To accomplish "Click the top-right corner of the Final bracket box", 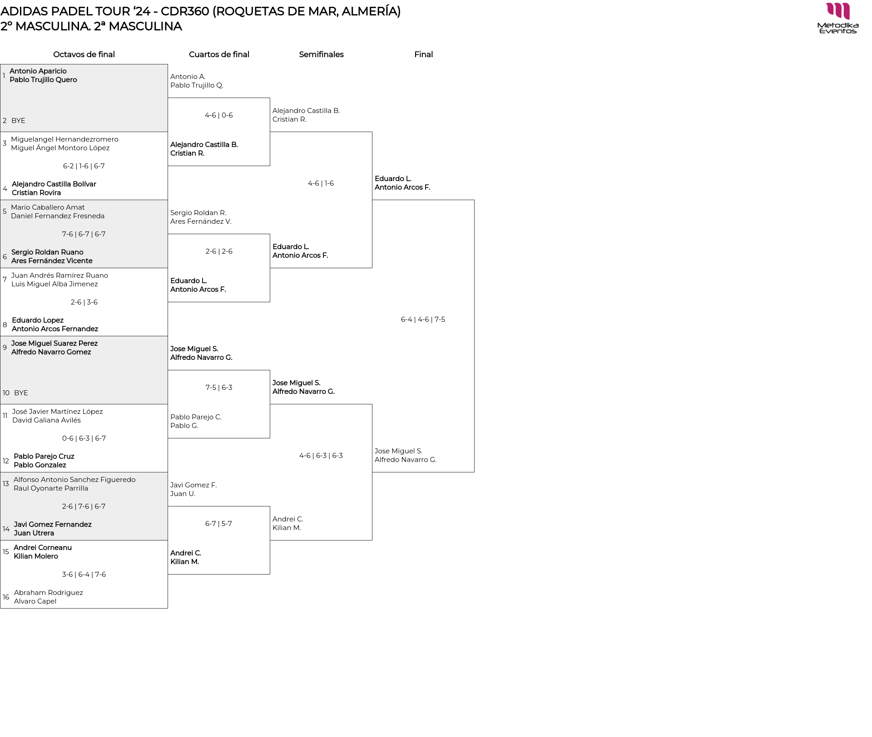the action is tap(474, 200).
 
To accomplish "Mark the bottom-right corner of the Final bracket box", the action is tap(474, 472).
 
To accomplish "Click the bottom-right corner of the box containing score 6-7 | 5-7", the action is tap(270, 574).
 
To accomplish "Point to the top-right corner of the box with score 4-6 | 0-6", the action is tap(270, 98).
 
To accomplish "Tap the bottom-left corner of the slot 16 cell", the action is tap(0, 608).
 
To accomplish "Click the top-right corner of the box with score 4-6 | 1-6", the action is tap(372, 132).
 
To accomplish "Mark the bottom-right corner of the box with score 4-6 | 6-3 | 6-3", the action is tap(372, 540).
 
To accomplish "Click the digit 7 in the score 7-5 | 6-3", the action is tap(208, 388).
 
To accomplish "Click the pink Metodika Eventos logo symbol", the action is tap(838, 11).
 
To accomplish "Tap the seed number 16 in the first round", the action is tap(6, 597).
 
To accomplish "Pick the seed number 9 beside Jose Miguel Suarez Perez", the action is tap(5, 348).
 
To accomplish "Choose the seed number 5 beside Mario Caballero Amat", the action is tap(5, 211).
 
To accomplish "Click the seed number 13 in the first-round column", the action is tap(6, 484).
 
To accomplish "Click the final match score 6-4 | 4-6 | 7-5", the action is tap(423, 319).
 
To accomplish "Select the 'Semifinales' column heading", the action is tap(321, 54).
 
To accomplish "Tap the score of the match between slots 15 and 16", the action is tap(84, 575).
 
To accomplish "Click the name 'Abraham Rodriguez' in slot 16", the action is tap(49, 593).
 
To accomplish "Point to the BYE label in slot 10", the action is tap(21, 393).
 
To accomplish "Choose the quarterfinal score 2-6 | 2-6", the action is tap(219, 251).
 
